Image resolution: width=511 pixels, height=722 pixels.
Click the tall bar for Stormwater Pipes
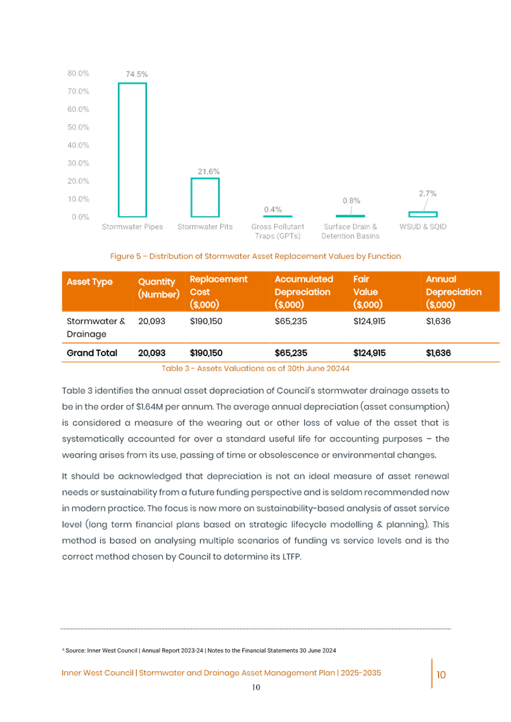point(132,149)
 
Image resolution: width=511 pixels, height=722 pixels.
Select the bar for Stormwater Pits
point(204,197)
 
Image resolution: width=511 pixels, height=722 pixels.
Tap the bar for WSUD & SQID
point(423,214)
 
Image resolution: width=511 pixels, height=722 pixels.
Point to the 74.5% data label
point(136,74)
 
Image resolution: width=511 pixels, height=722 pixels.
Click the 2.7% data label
point(427,193)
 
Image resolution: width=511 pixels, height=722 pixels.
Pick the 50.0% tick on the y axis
point(78,126)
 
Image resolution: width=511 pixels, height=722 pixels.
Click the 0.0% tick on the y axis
point(78,217)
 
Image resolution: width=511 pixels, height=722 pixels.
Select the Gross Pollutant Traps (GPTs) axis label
point(277,231)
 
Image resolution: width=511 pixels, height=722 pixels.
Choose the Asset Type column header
point(89,282)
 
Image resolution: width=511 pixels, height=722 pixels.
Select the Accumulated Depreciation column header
point(303,292)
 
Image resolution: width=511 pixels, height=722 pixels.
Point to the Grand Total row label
point(92,353)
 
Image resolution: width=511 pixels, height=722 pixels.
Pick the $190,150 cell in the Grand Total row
point(206,353)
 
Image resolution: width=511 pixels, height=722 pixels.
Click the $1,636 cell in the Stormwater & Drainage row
point(438,322)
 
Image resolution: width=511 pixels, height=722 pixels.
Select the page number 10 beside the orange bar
point(441,675)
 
